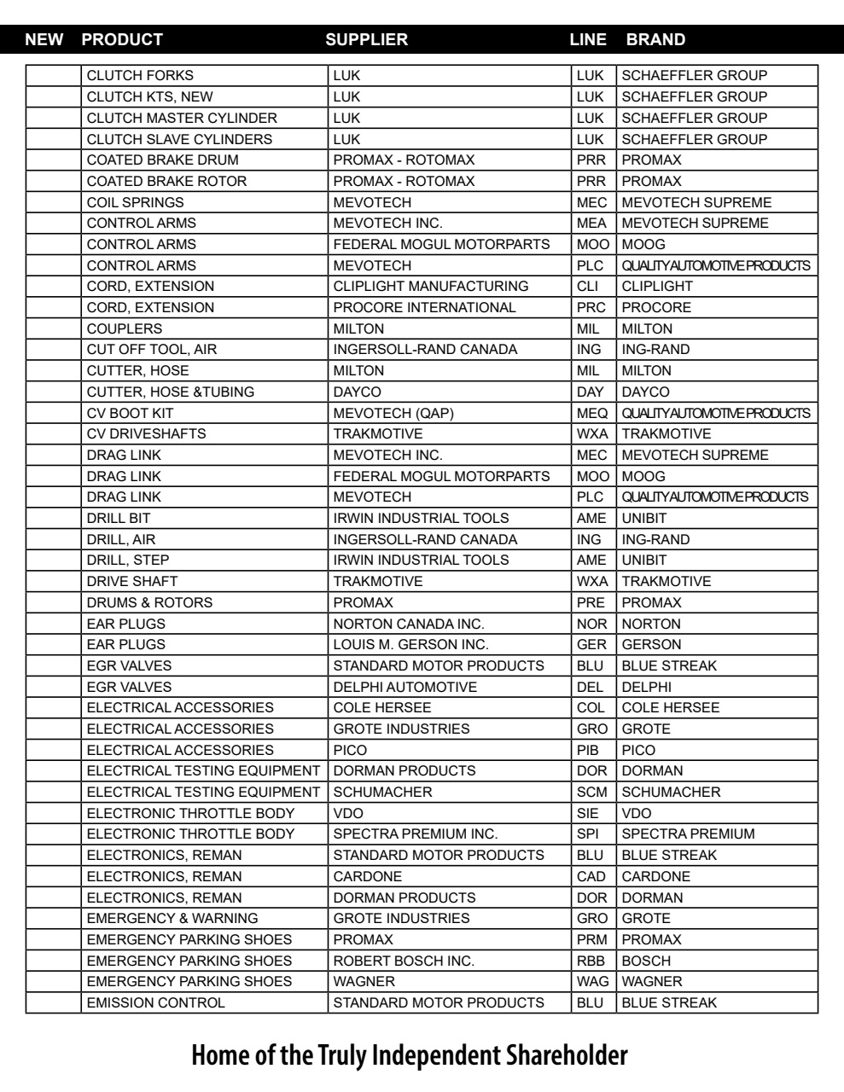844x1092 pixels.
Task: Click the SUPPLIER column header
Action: [367, 39]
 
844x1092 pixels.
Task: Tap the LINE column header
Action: [588, 39]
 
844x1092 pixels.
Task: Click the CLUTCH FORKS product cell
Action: [140, 76]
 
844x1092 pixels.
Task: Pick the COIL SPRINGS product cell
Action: [135, 202]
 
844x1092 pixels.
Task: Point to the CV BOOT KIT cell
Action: [130, 413]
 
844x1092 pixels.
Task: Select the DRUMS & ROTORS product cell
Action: [149, 602]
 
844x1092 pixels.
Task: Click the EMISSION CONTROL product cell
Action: [156, 1002]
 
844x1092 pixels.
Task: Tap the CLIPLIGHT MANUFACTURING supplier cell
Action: [430, 287]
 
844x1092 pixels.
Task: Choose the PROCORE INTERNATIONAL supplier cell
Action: [424, 307]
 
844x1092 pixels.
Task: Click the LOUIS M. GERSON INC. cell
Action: [410, 644]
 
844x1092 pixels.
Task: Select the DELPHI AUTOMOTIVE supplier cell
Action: [405, 687]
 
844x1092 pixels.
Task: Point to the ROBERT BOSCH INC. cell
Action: [404, 961]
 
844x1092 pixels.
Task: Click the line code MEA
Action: [591, 224]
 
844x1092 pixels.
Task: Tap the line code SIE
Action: [588, 813]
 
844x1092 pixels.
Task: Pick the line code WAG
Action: [593, 982]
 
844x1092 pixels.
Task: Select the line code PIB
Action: [588, 750]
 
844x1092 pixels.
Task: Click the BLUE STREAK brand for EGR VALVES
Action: [669, 665]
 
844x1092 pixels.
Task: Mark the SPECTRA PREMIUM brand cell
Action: [688, 834]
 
